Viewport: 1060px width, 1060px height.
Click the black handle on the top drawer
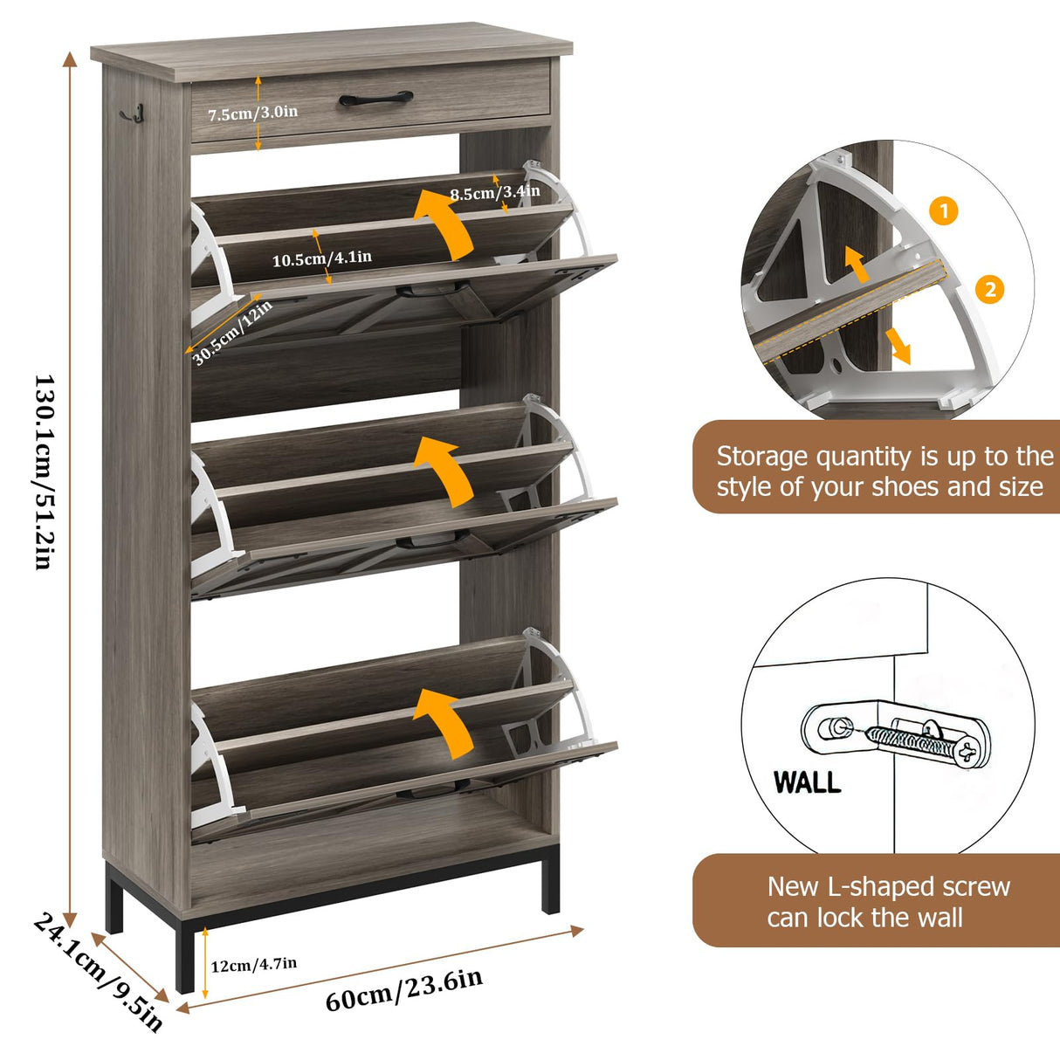375,99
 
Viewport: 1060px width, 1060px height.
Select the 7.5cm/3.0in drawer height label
252,113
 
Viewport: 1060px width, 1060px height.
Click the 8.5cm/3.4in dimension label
494,192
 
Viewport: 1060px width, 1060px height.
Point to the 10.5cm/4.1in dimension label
321,258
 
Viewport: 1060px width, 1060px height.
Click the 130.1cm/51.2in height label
44,471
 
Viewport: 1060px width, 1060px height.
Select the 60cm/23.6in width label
403,990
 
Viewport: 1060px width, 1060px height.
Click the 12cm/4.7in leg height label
253,964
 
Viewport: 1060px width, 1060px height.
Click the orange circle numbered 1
943,210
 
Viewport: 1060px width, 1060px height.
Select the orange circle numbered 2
989,289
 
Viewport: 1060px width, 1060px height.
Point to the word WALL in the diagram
808,781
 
